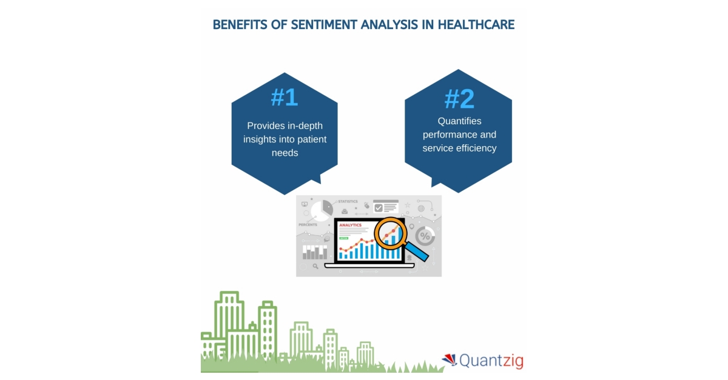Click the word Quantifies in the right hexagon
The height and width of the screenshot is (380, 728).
[x=459, y=121]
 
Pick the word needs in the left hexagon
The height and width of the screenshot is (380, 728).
[x=285, y=153]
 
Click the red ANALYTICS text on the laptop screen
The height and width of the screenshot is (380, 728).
[x=350, y=225]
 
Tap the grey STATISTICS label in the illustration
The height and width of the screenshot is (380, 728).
[x=348, y=201]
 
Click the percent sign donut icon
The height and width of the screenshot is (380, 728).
[x=425, y=236]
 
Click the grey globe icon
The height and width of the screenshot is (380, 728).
[x=421, y=208]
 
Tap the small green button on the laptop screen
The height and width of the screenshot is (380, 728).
[x=344, y=238]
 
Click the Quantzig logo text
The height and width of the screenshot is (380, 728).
[x=491, y=361]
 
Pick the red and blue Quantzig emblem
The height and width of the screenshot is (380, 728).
[x=449, y=360]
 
